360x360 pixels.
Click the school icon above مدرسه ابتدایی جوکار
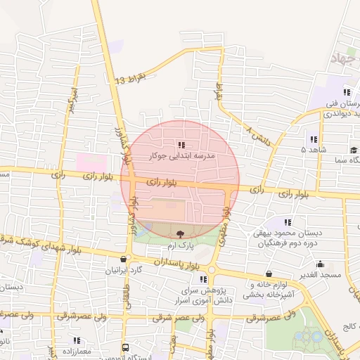tap(181, 145)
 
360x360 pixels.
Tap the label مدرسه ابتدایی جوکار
tap(187, 155)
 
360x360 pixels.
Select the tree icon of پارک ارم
tap(181, 233)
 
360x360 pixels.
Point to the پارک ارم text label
tap(180, 245)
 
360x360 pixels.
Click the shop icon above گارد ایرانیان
tap(124, 259)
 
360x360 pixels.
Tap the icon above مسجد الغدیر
tap(320, 264)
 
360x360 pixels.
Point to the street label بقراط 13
tap(132, 77)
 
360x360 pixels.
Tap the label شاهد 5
tap(314, 150)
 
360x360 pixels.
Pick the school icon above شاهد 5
tap(313, 139)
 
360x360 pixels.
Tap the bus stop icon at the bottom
tap(125, 347)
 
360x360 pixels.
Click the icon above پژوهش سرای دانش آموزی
tap(203, 279)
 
